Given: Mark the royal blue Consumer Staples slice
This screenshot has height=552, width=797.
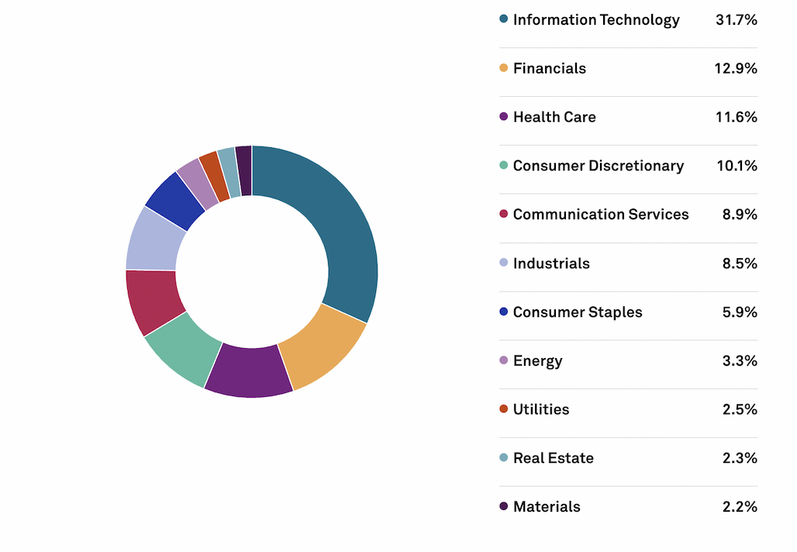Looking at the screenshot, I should (x=175, y=200).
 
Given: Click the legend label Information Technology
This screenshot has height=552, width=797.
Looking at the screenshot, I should (x=595, y=19).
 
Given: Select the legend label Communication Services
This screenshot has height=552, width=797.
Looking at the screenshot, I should (x=600, y=214).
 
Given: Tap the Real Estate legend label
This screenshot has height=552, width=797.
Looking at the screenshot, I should (x=553, y=457).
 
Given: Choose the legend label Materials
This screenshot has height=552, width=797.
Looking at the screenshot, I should (x=546, y=506).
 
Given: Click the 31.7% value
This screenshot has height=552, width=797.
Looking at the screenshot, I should (x=736, y=19).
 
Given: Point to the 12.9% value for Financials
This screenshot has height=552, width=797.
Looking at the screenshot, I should (x=735, y=68).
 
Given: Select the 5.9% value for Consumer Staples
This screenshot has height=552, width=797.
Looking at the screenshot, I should (x=739, y=312).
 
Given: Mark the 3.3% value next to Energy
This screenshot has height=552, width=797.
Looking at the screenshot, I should (x=739, y=361).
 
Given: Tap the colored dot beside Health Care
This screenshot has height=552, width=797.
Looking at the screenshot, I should (x=504, y=117).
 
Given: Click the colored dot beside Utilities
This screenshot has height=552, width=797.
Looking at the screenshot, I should (x=504, y=409).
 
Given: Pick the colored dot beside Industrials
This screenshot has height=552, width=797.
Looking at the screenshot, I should (x=504, y=263).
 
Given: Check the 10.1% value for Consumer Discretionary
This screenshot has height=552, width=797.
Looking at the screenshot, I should (x=736, y=165).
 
